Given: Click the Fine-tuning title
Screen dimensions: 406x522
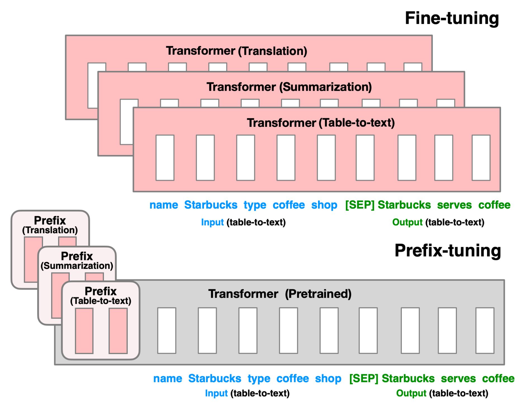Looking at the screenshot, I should pos(452,18).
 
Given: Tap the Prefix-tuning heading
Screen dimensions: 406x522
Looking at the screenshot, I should pos(447,250).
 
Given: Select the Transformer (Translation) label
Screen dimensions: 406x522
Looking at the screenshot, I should pos(236,51).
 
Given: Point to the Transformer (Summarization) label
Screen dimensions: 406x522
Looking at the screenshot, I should pos(289,87).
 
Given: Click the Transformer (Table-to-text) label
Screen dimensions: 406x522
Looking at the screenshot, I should pos(321,123).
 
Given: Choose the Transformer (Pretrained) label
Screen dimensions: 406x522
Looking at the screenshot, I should pos(280,294).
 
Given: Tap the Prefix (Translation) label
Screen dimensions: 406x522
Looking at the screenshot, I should pos(50,225).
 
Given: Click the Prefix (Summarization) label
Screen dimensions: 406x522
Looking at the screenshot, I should pos(77,261).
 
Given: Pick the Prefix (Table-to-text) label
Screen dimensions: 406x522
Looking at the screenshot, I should pos(101,296).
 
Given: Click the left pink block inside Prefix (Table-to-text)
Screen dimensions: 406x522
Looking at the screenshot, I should pos(84,331).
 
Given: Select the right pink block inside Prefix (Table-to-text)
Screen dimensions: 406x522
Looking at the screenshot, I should pos(118,331).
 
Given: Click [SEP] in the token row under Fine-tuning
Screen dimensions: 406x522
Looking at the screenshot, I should pos(360,205).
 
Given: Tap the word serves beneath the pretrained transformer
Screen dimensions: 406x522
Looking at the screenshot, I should pos(458,379).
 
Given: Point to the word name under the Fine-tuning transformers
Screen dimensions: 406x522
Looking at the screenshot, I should pos(164,205).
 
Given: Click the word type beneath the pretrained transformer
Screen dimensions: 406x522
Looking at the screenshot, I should pos(259,379).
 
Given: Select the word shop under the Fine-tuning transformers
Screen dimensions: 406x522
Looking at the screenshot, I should pos(324,205).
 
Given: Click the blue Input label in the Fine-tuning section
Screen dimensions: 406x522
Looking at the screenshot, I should pos(212,222).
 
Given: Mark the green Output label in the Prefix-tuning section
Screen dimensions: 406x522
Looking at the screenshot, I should pos(411,393).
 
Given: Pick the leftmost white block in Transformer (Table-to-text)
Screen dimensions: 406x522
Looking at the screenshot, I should pos(165,158).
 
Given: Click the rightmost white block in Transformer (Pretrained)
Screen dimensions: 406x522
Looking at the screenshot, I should pos(485,331).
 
